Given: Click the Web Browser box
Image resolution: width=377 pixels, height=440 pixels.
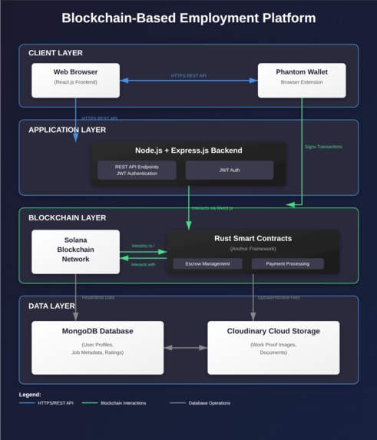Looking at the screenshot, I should pyautogui.click(x=75, y=81).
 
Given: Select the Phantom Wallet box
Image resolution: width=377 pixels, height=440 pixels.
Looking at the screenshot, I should pyautogui.click(x=301, y=81).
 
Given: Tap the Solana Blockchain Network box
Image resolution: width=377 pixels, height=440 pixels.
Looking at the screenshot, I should pyautogui.click(x=75, y=251).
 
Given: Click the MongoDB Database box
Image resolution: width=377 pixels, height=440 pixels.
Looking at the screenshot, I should pyautogui.click(x=97, y=347).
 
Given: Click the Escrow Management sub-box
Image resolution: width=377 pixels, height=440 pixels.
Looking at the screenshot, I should pyautogui.click(x=207, y=263).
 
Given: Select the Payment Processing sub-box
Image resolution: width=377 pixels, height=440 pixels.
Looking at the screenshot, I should pyautogui.click(x=287, y=263).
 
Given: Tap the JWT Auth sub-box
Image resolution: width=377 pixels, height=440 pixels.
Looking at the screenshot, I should pyautogui.click(x=229, y=170).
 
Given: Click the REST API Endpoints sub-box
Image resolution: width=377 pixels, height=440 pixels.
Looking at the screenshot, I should pyautogui.click(x=137, y=170).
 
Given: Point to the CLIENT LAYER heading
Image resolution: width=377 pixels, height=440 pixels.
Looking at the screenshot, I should pyautogui.click(x=55, y=53).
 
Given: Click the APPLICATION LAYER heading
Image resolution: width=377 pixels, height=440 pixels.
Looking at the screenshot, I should pyautogui.click(x=67, y=130).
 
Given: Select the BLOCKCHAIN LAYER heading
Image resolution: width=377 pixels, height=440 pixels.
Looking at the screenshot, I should pyautogui.click(x=67, y=218).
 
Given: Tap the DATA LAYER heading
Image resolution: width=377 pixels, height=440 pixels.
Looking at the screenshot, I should pyautogui.click(x=51, y=306).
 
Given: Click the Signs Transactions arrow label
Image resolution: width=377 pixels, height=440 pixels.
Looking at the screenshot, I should pyautogui.click(x=323, y=147).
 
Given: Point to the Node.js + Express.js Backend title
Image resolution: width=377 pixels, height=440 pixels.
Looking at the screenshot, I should pyautogui.click(x=188, y=151).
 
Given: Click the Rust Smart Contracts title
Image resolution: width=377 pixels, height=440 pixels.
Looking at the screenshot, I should pyautogui.click(x=253, y=238).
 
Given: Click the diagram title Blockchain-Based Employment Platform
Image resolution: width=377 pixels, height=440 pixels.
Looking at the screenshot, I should pyautogui.click(x=188, y=18).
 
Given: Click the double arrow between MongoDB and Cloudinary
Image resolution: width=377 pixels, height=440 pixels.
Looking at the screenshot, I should pyautogui.click(x=185, y=348).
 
